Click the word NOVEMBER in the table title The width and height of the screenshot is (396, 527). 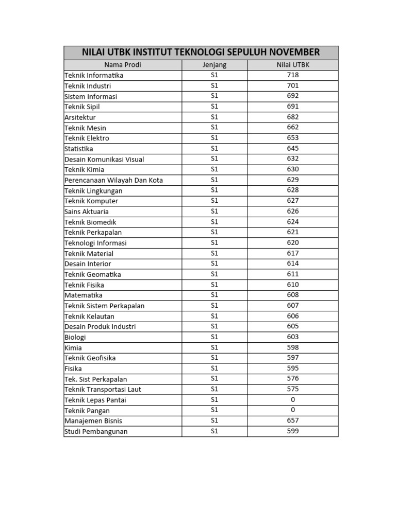tap(294, 52)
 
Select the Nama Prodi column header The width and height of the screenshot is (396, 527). tap(122, 65)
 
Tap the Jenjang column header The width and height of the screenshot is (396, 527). tap(214, 65)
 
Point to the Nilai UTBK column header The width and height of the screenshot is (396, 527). tap(293, 65)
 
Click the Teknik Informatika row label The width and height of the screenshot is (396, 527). tap(94, 76)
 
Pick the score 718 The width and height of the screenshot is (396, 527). tap(293, 75)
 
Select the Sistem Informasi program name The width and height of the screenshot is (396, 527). tap(91, 97)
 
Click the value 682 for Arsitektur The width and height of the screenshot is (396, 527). tap(293, 117)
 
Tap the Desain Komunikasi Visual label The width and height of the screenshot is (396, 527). tap(104, 160)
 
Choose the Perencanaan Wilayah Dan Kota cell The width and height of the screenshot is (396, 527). tap(113, 180)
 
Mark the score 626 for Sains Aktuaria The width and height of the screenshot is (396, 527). tap(293, 212)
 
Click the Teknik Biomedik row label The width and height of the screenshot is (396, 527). tap(90, 222)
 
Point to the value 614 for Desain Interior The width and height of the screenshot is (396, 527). tap(293, 263)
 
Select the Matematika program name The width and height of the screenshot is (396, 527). tap(84, 295)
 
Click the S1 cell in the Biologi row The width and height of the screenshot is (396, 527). tap(214, 337)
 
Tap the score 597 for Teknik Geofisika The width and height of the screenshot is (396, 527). tap(293, 358)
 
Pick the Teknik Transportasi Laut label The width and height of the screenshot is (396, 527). tap(103, 390)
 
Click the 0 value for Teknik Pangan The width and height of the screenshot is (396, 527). tap(293, 410)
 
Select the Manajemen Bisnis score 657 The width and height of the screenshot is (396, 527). tap(293, 420)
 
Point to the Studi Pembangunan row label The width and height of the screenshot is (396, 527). tap(96, 431)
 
